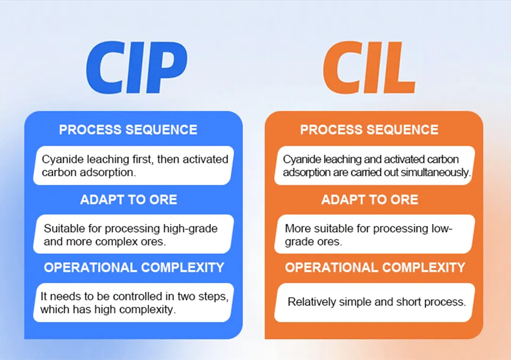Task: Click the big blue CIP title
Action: pos(137,68)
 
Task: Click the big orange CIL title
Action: pos(369,68)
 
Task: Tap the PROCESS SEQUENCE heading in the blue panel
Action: pos(128,130)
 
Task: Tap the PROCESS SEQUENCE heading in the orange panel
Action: pos(369,130)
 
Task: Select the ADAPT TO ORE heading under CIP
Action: pos(129,200)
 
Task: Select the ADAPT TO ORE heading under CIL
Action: pos(370,200)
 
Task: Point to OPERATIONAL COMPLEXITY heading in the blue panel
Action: pos(134,268)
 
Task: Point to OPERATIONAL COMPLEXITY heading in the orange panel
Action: pos(375,268)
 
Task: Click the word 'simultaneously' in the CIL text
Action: pos(435,173)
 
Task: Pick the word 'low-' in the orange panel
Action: pos(442,228)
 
